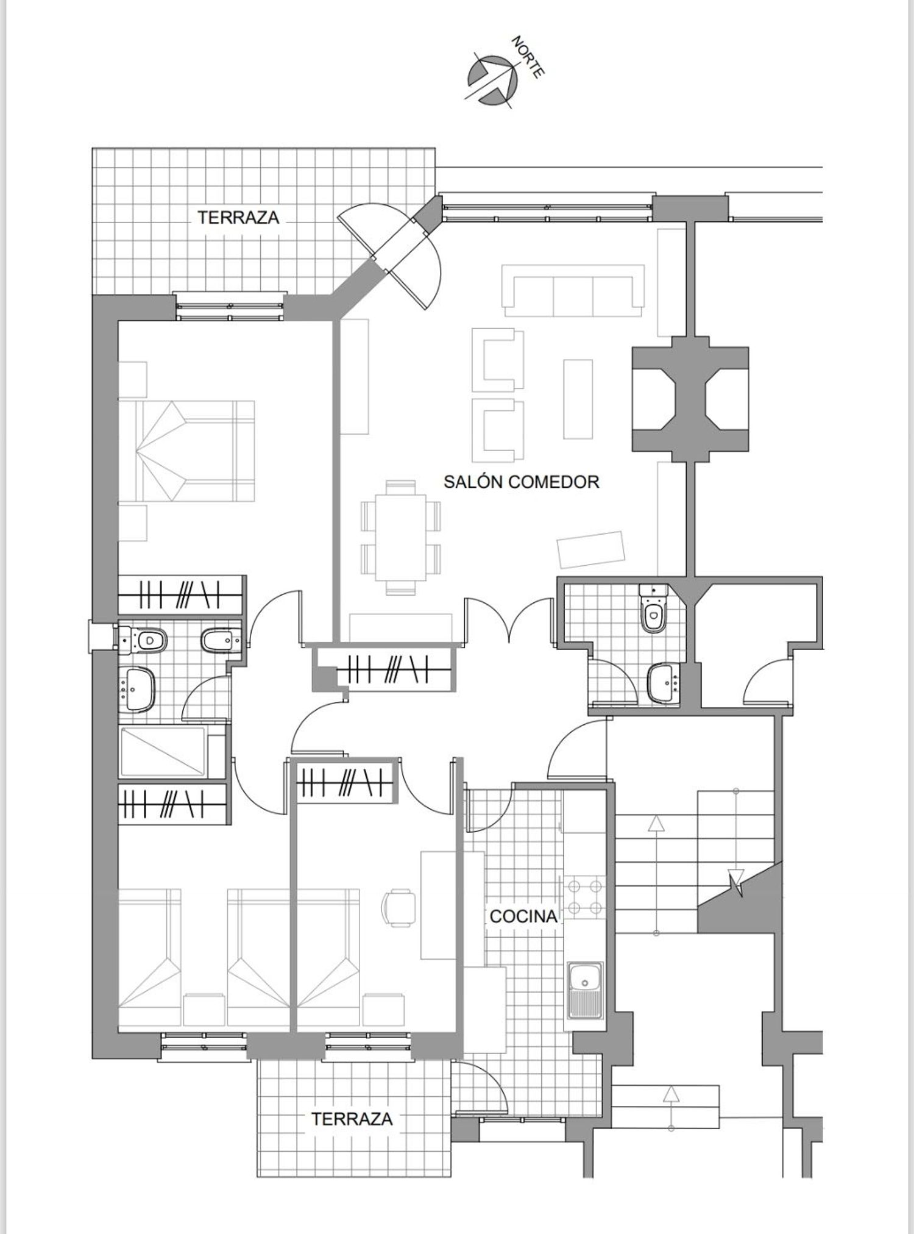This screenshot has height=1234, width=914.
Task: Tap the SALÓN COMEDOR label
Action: [x=521, y=482]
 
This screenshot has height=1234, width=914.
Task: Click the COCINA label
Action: [x=523, y=916]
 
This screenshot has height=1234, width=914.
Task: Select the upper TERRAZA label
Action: [x=238, y=217]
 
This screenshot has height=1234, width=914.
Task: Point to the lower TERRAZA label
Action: [x=352, y=1119]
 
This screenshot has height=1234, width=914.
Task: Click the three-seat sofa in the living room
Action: [x=573, y=290]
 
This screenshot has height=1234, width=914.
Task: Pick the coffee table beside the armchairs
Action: [x=578, y=399]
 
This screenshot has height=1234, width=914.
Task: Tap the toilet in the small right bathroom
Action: [x=653, y=610]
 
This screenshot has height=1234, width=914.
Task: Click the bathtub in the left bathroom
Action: [x=163, y=752]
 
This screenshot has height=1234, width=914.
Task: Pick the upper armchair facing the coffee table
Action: [x=497, y=359]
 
